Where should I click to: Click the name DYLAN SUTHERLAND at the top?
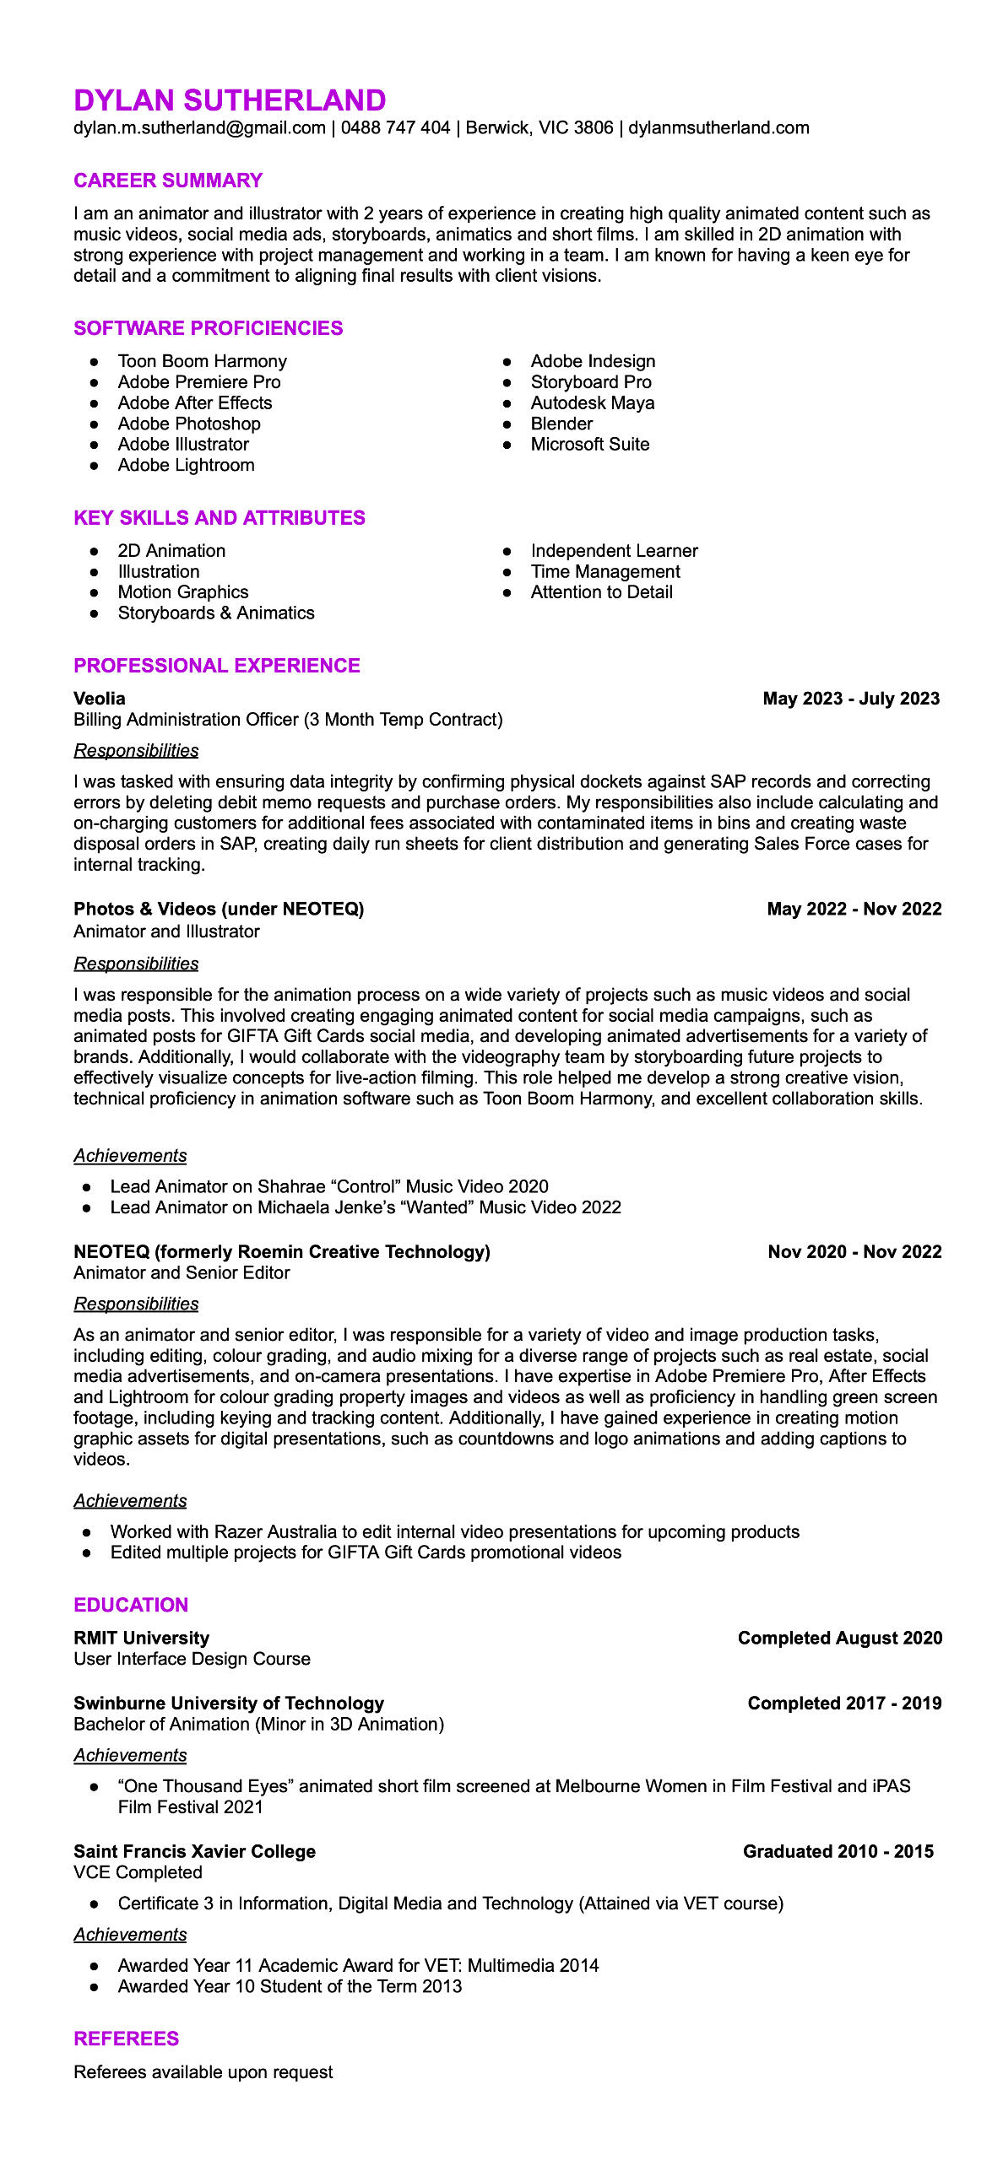point(230,100)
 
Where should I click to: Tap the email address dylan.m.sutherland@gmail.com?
point(199,128)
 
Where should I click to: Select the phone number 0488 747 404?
point(395,128)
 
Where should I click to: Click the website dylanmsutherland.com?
point(718,128)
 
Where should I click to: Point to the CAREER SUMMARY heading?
point(168,181)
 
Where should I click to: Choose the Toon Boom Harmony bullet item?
point(202,361)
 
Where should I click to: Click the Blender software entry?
point(561,424)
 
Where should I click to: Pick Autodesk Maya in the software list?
point(592,403)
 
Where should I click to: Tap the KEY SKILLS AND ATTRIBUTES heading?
point(220,518)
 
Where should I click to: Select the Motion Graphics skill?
point(183,592)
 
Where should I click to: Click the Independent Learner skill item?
point(614,551)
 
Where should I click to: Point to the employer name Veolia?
point(100,699)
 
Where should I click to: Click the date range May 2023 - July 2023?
point(851,699)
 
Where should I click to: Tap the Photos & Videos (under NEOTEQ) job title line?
point(219,909)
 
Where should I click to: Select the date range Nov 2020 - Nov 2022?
point(854,1251)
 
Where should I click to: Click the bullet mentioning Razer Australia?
point(454,1531)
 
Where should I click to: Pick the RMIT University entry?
point(142,1638)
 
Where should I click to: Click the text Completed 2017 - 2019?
point(844,1703)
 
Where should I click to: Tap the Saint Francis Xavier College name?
point(195,1851)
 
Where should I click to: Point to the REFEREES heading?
point(127,2038)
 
